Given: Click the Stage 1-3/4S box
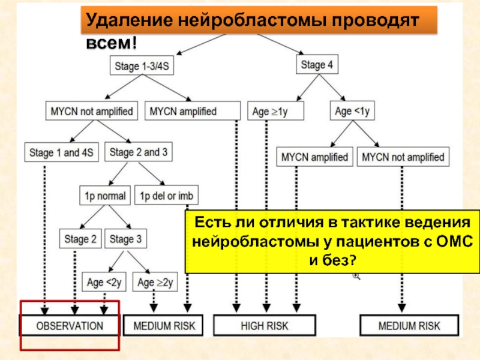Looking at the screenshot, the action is tap(142, 65).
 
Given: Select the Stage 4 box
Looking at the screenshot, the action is tap(317, 64).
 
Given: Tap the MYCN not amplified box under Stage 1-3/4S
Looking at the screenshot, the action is tap(92, 111).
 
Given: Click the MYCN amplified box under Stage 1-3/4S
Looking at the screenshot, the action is tap(193, 111).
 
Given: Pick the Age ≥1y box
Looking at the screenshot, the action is tap(275, 111).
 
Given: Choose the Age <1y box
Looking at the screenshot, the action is tap(352, 110).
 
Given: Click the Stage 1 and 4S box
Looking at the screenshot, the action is tap(62, 152).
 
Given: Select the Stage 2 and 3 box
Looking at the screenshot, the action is tap(139, 152).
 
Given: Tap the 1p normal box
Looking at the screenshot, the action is tap(105, 196).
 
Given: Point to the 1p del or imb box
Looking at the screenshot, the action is tap(167, 195).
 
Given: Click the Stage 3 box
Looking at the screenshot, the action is tap(125, 238).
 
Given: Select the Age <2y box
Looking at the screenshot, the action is tap(104, 282).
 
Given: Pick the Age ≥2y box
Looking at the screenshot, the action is tap(155, 282).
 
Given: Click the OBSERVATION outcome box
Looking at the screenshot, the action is tap(69, 325).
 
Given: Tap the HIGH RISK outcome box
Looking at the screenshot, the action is tap(265, 325).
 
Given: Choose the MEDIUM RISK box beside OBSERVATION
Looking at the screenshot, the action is tap(163, 325).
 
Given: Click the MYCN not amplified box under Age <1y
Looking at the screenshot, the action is tap(403, 157).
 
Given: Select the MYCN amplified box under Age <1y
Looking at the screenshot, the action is tap(314, 157).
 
